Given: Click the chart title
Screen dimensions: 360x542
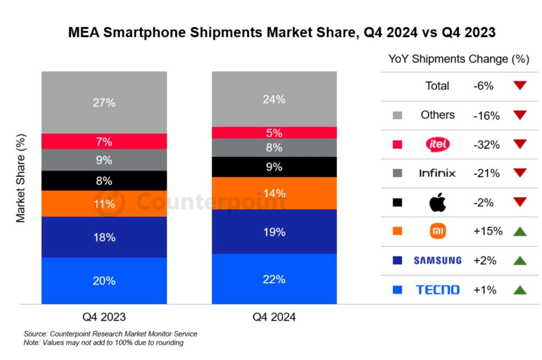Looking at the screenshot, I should [x=282, y=33].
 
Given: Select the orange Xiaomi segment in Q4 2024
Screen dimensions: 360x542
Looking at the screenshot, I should [x=274, y=193].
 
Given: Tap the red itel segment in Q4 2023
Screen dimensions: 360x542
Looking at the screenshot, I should [x=104, y=141].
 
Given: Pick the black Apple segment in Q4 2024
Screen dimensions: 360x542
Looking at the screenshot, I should [x=274, y=167].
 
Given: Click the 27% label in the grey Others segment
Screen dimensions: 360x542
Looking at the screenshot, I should [x=104, y=103].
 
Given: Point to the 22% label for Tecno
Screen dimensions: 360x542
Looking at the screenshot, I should [x=274, y=279].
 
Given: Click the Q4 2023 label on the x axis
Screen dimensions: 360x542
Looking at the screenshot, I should [x=104, y=317].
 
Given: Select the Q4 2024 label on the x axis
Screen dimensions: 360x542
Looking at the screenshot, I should [x=274, y=317].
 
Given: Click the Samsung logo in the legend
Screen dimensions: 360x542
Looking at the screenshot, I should [x=437, y=260].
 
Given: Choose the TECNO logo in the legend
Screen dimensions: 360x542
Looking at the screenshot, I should [x=437, y=290].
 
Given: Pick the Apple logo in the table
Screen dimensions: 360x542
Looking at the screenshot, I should [x=437, y=202].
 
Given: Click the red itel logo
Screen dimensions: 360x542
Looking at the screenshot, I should [x=437, y=144].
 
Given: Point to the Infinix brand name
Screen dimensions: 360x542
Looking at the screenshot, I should [x=437, y=173].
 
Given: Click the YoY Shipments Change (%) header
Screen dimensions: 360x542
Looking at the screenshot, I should [x=459, y=59].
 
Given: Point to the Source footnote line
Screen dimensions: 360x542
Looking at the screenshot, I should [x=111, y=334].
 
